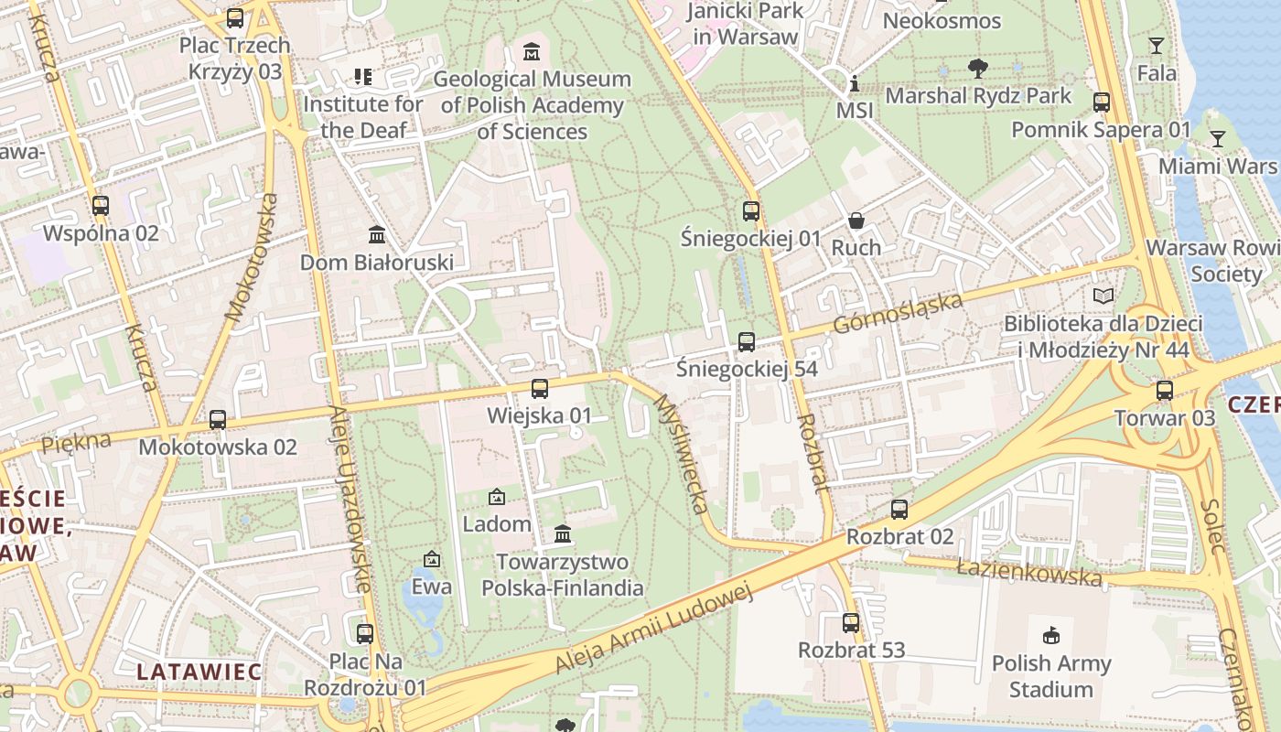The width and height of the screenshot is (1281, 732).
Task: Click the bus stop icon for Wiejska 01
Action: tap(540, 388)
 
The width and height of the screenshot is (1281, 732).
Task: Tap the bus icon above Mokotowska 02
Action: tap(218, 420)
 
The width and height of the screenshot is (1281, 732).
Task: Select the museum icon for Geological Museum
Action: tap(531, 51)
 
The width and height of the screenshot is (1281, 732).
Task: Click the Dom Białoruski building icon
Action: tap(377, 235)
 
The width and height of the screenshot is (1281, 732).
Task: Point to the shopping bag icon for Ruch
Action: tap(856, 220)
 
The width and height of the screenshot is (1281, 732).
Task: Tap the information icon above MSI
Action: tap(855, 84)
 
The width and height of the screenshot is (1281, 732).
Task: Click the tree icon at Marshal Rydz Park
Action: tap(978, 68)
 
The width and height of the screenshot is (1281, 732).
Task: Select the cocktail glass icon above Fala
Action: tap(1157, 45)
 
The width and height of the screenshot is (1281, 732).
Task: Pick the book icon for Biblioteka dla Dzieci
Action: tap(1104, 296)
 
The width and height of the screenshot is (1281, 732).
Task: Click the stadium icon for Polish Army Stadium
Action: tap(1051, 635)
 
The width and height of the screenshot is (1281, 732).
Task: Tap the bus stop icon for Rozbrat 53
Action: tap(851, 623)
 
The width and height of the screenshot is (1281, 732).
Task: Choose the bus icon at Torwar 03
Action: tap(1164, 391)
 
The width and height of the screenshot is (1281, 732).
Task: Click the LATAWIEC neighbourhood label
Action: tap(199, 671)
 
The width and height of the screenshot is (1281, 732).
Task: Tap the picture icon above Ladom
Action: tap(497, 497)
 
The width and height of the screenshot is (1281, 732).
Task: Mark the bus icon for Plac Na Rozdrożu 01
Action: tap(365, 633)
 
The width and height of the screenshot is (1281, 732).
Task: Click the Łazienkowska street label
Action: tap(1029, 572)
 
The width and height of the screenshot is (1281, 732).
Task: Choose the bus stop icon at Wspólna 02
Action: tap(101, 206)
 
